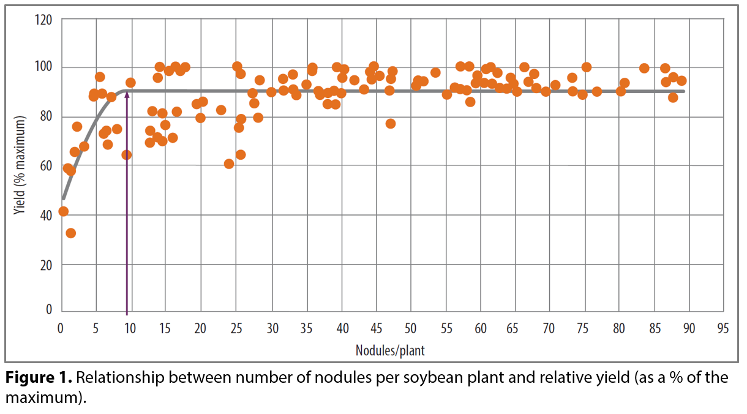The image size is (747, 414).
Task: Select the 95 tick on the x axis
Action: point(723,329)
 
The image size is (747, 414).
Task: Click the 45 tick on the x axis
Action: point(375,329)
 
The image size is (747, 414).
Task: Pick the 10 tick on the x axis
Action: point(130,329)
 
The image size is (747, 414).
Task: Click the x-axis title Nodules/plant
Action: point(390,350)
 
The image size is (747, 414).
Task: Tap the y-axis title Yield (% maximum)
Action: point(21,165)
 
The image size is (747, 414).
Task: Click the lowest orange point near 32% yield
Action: point(71,233)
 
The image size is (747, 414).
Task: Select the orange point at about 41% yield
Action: point(63,211)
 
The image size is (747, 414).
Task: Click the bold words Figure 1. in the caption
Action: point(39,377)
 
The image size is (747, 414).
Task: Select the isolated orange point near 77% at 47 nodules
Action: point(391,124)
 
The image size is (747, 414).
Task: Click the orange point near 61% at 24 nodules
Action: point(229,164)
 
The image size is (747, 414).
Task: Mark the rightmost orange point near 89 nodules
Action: point(681,81)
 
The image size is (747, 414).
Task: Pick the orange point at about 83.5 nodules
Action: point(644,68)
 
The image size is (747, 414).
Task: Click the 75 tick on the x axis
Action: point(585,329)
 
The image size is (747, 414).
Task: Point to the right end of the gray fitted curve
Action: point(684,91)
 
